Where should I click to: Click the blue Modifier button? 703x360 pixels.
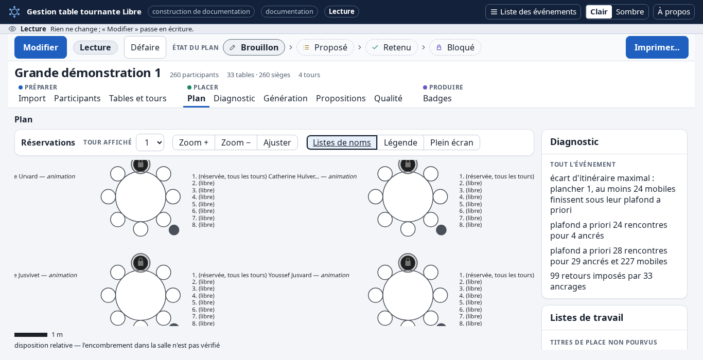click(x=41, y=47)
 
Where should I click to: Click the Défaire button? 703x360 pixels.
click(x=145, y=47)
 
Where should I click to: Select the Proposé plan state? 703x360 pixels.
click(x=325, y=47)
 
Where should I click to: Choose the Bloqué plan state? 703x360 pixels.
click(x=455, y=47)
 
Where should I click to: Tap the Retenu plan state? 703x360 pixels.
click(x=392, y=47)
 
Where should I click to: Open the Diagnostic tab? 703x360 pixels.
click(x=234, y=98)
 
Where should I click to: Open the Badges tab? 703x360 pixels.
click(x=437, y=98)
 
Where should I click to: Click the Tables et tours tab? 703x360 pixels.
click(x=138, y=98)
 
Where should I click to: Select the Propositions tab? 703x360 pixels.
click(x=341, y=98)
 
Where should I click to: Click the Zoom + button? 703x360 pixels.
click(x=194, y=142)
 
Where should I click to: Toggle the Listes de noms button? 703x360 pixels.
click(x=342, y=142)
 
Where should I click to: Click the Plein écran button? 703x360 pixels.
click(x=452, y=142)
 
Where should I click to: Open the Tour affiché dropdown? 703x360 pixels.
click(x=150, y=142)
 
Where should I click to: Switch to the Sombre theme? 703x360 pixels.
click(x=629, y=12)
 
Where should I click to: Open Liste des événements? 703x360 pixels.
click(x=533, y=12)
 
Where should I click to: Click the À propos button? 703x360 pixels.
click(x=674, y=12)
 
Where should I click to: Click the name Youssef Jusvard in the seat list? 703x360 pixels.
click(x=290, y=275)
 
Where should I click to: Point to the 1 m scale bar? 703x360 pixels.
click(x=31, y=335)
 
